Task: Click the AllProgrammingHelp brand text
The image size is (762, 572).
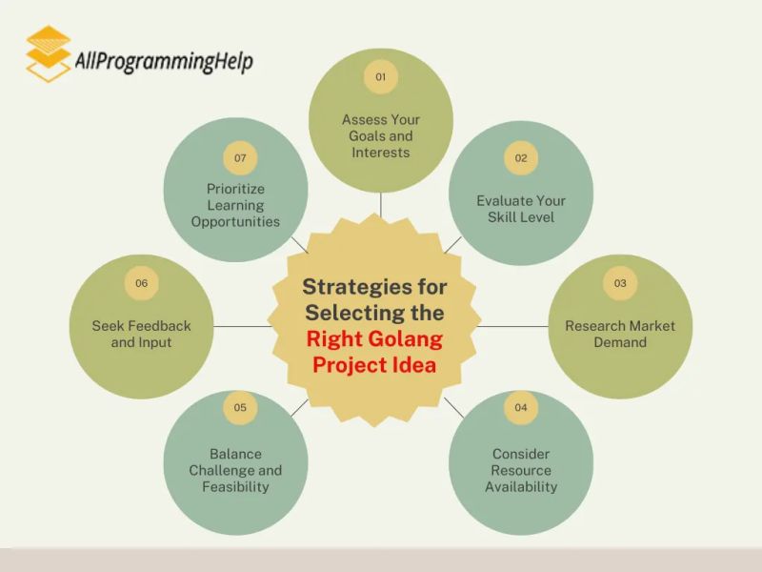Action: (163, 62)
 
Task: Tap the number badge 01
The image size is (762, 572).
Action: (380, 77)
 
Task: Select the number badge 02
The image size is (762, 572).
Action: (521, 157)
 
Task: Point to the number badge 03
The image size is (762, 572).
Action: (620, 283)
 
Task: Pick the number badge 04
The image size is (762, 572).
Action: (521, 408)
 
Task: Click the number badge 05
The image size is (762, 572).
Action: (240, 408)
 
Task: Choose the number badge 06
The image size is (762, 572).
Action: (141, 283)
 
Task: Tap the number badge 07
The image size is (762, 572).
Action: (240, 157)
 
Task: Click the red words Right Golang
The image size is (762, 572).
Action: (374, 338)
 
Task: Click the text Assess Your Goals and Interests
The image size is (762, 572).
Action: (380, 136)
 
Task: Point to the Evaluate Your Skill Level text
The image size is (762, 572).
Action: (521, 209)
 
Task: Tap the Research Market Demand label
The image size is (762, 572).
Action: (620, 334)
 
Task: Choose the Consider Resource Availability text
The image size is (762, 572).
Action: (521, 470)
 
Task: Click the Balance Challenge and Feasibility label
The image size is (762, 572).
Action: (235, 470)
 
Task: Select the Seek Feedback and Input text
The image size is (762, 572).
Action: (141, 334)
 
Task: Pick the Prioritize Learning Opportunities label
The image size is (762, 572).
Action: (235, 205)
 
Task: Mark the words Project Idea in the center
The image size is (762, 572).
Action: (374, 364)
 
